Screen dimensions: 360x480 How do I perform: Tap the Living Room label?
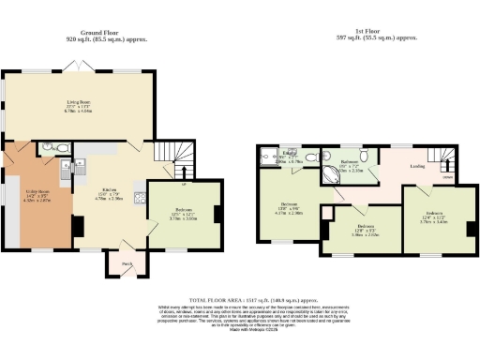[78, 105]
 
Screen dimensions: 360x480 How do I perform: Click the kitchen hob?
[140, 197]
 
